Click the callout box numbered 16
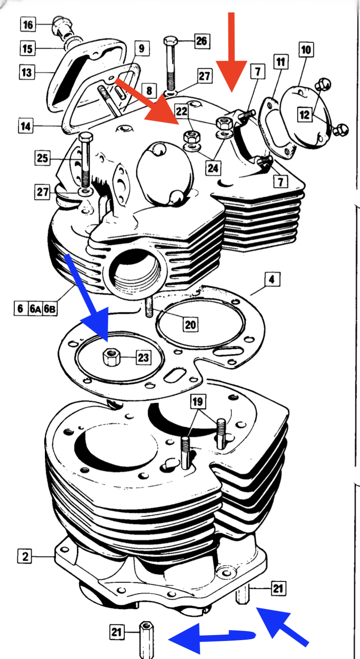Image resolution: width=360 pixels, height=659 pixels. click(28, 24)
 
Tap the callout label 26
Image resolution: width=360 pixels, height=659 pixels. click(202, 41)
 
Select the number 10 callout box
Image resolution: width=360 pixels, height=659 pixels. click(306, 49)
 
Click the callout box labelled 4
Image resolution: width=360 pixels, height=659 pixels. click(272, 279)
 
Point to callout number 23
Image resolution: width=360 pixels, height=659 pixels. click(143, 357)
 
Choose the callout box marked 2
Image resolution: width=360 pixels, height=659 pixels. click(25, 556)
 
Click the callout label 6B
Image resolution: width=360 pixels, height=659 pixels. click(50, 309)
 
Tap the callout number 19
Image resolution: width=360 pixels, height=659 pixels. click(198, 401)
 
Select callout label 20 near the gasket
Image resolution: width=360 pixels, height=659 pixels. click(190, 324)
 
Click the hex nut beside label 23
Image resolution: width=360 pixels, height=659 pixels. click(112, 358)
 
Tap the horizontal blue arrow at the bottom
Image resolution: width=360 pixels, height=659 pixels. click(210, 638)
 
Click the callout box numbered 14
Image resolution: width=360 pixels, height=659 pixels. click(26, 126)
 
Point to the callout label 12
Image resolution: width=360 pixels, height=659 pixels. click(304, 115)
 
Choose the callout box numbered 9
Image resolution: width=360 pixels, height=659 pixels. click(142, 49)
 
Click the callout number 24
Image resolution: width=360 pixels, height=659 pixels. click(213, 168)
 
